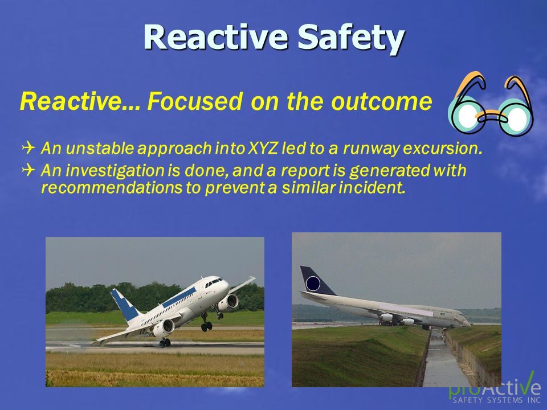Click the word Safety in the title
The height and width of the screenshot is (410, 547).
pos(350,38)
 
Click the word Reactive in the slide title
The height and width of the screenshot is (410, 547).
pos(216,36)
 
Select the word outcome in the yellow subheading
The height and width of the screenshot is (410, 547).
pos(382,101)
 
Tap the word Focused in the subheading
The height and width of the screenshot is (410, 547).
pos(195,101)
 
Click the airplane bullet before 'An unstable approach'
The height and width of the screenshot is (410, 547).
pos(28,148)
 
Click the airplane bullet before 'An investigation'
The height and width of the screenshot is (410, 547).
pos(28,170)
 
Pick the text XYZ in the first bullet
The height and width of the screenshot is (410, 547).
pos(262,148)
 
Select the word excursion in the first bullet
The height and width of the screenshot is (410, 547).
pos(443,148)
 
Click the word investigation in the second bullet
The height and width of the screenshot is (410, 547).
pos(115,171)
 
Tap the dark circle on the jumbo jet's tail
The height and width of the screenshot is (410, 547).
pos(313,284)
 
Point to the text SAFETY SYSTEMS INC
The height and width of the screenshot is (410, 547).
pos(496,400)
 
